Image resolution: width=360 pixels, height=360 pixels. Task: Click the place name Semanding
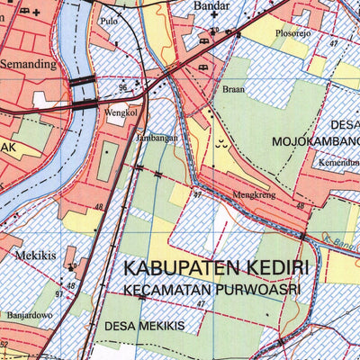pyautogui.click(x=28, y=65)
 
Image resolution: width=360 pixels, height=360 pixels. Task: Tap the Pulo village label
pyautogui.click(x=110, y=20)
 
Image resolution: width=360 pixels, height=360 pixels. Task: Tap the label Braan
pyautogui.click(x=232, y=90)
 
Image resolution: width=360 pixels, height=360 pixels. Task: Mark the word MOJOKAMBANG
pyautogui.click(x=316, y=142)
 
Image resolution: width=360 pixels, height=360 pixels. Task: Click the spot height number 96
pyautogui.click(x=122, y=88)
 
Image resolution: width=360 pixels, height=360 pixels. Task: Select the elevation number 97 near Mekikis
pyautogui.click(x=58, y=294)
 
